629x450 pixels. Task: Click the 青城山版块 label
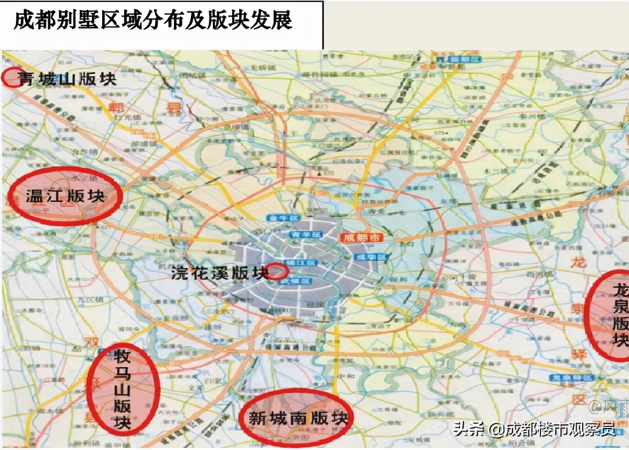[x=67, y=79]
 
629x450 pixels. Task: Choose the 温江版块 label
[x=65, y=196]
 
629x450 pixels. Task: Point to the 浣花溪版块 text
[x=220, y=272]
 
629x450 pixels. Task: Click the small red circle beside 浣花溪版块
[x=279, y=271]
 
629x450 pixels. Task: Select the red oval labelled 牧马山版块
[x=123, y=389]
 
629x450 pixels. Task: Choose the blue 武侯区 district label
[x=302, y=282]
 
